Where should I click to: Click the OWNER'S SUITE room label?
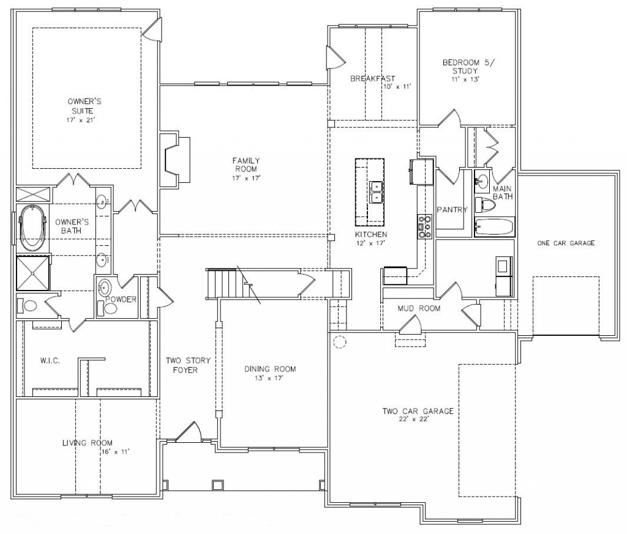pyautogui.click(x=84, y=106)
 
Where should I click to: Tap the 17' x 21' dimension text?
pyautogui.click(x=81, y=120)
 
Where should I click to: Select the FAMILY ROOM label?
pyautogui.click(x=246, y=165)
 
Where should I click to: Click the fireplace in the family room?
pyautogui.click(x=175, y=160)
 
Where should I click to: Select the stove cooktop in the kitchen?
pyautogui.click(x=425, y=226)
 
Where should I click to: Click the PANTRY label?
pyautogui.click(x=452, y=210)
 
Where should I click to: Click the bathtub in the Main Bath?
pyautogui.click(x=494, y=227)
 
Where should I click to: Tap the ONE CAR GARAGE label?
pyautogui.click(x=566, y=243)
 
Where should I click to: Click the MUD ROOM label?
pyautogui.click(x=419, y=308)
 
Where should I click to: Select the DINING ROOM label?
pyautogui.click(x=270, y=369)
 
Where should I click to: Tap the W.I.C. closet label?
pyautogui.click(x=50, y=361)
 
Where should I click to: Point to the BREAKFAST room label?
pyautogui.click(x=373, y=79)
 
